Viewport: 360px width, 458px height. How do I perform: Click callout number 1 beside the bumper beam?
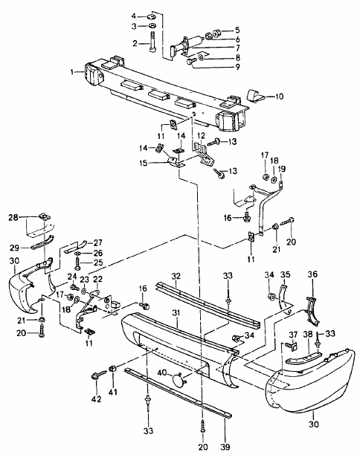click(72, 71)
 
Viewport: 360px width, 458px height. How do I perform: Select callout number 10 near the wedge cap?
click(280, 96)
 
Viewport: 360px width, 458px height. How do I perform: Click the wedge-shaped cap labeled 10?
click(255, 95)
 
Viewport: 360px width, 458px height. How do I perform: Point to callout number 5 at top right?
click(237, 30)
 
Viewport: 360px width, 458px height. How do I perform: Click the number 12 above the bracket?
click(201, 136)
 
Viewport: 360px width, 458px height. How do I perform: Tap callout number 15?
click(144, 163)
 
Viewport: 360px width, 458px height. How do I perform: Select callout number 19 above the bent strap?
click(282, 169)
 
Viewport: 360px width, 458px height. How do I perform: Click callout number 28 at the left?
click(13, 217)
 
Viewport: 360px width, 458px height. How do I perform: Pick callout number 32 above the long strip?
click(176, 276)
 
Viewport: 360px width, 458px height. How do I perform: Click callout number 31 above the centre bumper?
click(176, 313)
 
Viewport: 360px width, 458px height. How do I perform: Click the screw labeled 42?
click(98, 375)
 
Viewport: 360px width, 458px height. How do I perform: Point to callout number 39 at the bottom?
click(225, 447)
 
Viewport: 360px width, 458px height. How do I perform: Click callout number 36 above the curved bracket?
click(312, 274)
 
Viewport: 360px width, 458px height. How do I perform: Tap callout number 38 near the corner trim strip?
click(308, 334)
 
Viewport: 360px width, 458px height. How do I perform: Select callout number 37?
click(293, 334)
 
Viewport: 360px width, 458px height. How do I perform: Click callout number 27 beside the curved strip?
click(98, 242)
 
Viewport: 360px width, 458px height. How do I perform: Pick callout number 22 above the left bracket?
click(97, 280)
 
